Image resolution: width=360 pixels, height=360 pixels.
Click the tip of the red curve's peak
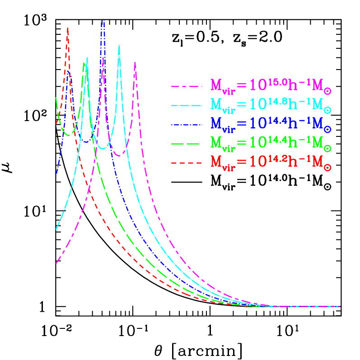tap(68, 28)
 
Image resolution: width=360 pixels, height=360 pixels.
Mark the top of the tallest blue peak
tap(103, 20)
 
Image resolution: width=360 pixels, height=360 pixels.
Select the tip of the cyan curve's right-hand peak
tap(119, 45)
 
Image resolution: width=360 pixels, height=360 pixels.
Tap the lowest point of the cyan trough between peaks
tap(103, 149)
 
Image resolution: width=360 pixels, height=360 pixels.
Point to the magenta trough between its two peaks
tap(119, 156)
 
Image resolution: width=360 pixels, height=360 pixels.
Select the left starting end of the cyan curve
tap(56, 229)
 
